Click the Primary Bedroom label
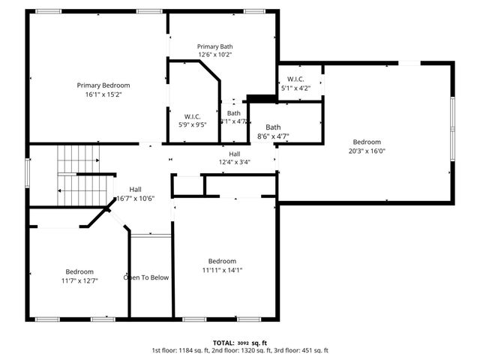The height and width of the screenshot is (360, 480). point(103,85)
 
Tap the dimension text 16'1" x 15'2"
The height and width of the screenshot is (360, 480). point(103,94)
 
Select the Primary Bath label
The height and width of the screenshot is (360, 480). point(215,46)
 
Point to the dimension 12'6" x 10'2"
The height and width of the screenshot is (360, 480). point(215,55)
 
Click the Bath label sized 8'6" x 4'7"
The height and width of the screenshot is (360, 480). point(273,127)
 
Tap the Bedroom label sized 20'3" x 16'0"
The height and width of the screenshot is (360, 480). point(367,142)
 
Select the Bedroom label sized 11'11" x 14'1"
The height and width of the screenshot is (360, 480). point(222,261)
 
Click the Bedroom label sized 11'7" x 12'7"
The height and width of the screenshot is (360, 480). point(79,271)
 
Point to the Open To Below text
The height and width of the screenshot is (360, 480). point(146,277)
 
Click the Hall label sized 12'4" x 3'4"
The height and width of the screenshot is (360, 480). point(234,153)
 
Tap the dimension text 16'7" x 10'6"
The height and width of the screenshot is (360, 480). point(136,199)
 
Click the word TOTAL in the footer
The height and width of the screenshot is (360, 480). point(223,342)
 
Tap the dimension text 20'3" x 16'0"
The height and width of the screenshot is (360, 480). point(367,151)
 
